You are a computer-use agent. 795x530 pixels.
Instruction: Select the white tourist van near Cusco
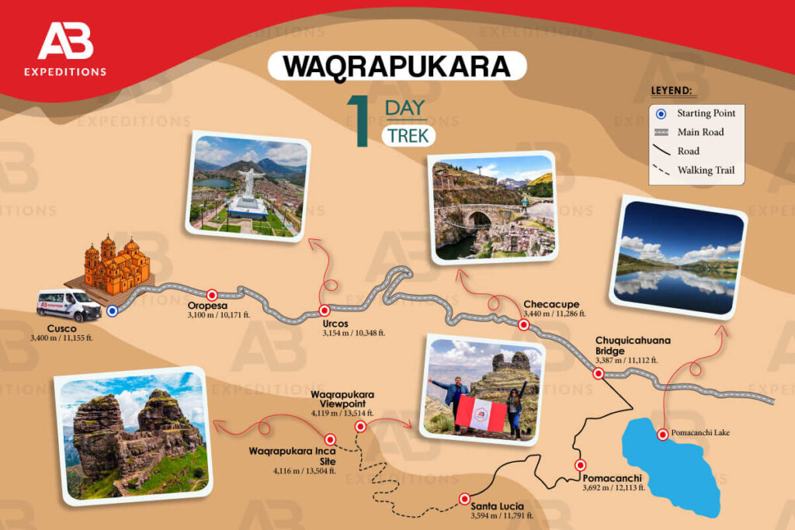[69, 305]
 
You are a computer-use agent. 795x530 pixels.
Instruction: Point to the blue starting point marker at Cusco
[112, 311]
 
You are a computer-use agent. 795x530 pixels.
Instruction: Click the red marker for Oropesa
[212, 295]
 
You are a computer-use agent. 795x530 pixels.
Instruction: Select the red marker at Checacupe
[523, 325]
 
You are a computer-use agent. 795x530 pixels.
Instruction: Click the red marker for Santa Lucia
[464, 498]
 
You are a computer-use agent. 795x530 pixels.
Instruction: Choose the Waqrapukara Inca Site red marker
[331, 439]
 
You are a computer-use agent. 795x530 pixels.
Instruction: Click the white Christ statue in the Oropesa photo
[248, 183]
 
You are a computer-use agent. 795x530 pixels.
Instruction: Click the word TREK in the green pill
[408, 135]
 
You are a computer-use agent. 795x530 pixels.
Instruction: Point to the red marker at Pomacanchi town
[580, 466]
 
